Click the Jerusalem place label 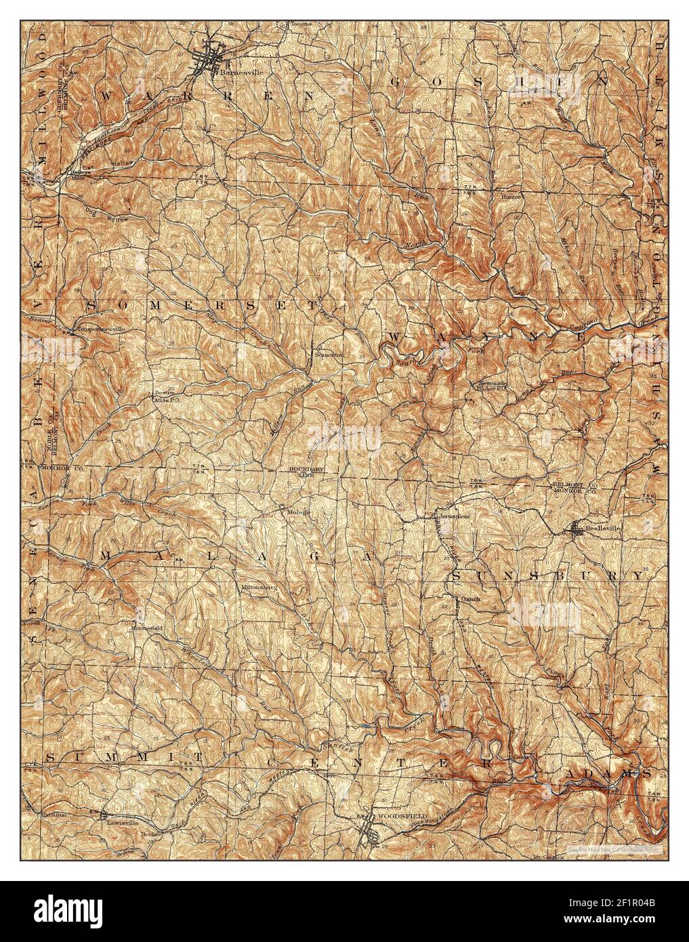(452, 516)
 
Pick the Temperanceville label (100, 329)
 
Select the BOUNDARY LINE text (307, 472)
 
